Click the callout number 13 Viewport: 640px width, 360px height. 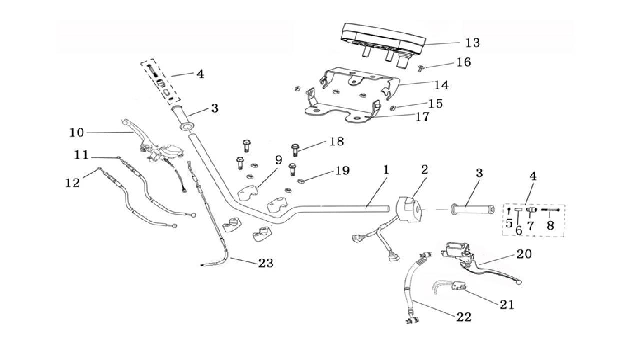click(x=472, y=43)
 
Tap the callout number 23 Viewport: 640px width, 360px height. click(x=266, y=263)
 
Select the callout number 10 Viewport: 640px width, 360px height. click(x=77, y=133)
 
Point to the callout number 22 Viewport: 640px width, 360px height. click(x=463, y=317)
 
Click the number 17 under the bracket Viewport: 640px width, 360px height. click(x=422, y=117)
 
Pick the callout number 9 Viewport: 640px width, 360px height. click(x=278, y=160)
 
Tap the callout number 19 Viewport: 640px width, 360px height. click(x=342, y=171)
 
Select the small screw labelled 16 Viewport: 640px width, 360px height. click(x=421, y=67)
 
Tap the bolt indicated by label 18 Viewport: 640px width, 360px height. click(x=294, y=148)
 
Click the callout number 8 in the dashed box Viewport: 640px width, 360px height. click(x=550, y=225)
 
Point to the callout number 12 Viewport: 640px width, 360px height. click(x=72, y=183)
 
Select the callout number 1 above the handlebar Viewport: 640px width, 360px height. click(x=386, y=170)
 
